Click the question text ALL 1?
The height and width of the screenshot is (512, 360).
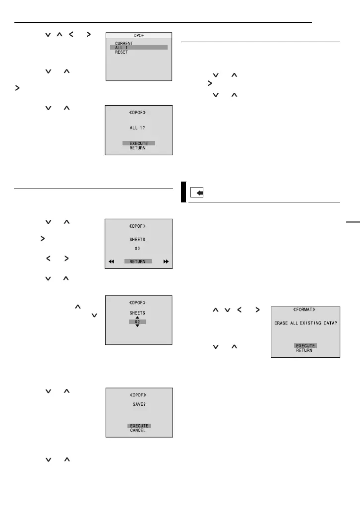pos(139,127)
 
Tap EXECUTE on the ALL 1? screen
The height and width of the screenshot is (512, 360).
pos(139,143)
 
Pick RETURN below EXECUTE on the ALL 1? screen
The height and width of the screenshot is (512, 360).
pos(139,148)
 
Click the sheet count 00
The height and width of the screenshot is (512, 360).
pos(138,250)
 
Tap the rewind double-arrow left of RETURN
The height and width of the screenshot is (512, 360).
pos(112,261)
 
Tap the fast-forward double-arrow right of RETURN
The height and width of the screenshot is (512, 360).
pos(166,261)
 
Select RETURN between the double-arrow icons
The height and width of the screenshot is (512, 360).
pos(138,261)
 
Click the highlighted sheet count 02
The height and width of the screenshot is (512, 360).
pos(138,322)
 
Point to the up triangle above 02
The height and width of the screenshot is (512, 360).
pos(138,317)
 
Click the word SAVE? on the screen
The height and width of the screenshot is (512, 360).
pos(139,403)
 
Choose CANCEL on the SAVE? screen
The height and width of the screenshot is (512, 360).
pos(139,431)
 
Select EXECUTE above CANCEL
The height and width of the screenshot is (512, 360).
pos(139,426)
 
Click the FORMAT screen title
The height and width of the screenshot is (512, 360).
pos(305,309)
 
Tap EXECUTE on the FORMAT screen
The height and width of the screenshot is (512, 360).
pos(305,345)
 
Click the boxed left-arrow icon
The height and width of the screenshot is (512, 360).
pos(197,193)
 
